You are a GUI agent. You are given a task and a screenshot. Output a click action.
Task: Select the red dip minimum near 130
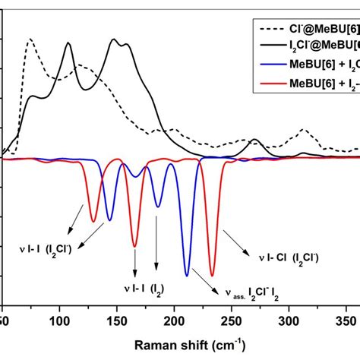click(x=94, y=222)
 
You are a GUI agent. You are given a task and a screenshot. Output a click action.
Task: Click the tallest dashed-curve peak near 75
click(x=30, y=39)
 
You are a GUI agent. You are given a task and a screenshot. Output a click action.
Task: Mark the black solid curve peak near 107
click(x=68, y=43)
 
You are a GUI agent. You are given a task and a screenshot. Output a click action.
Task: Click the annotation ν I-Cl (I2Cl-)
click(x=289, y=258)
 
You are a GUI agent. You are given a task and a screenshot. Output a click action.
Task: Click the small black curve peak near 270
click(x=254, y=140)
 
